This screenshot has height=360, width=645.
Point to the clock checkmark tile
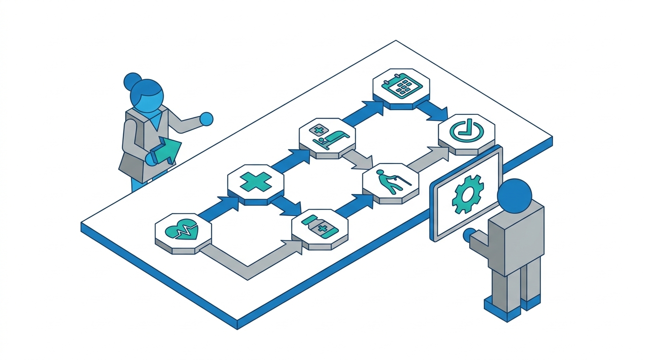point(466,131)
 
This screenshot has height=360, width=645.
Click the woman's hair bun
point(132,81)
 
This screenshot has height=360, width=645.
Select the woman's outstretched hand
point(206,119)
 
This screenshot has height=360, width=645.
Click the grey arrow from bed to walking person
point(358,159)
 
